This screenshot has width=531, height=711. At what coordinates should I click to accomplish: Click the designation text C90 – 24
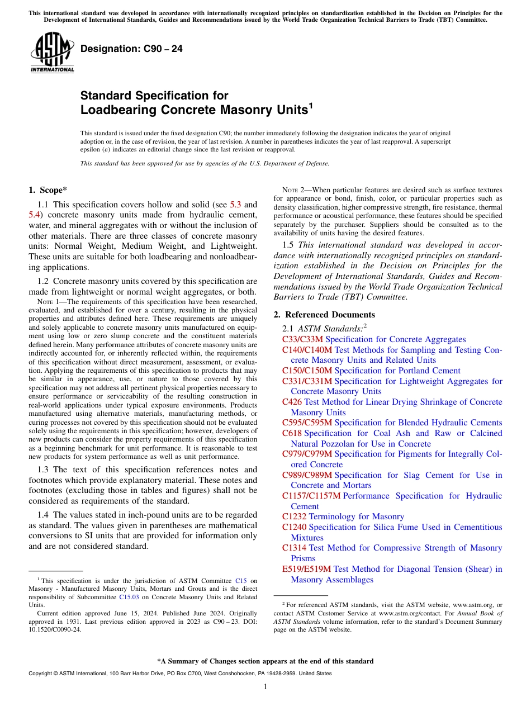click(x=131, y=49)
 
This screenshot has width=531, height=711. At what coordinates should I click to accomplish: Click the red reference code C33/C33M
click(x=302, y=339)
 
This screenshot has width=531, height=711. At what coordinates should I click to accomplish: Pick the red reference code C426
click(x=292, y=402)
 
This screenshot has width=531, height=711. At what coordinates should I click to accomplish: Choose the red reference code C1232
click(x=294, y=516)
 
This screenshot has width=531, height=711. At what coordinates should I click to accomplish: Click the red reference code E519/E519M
click(x=306, y=569)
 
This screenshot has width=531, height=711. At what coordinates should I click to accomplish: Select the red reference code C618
click(x=292, y=433)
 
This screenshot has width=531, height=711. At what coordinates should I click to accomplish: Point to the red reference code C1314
click(x=294, y=548)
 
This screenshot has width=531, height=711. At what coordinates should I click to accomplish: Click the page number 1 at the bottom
click(x=265, y=686)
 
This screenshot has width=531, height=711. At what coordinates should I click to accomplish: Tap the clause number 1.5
click(x=289, y=245)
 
